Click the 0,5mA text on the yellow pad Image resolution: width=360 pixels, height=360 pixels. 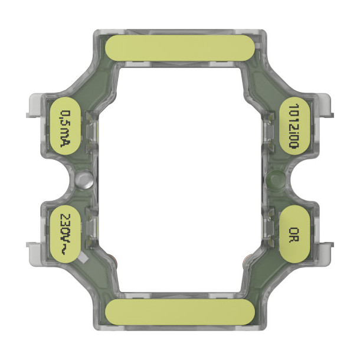(65, 129)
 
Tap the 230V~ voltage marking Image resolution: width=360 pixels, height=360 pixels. (66, 234)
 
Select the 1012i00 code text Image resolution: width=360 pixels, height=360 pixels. (294, 126)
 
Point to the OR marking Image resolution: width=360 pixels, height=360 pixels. (294, 235)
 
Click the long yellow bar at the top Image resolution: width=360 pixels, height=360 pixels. (180, 48)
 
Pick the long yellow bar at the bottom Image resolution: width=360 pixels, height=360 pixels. (180, 312)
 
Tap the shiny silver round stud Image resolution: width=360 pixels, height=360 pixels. (84, 180)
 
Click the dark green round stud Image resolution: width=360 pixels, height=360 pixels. (276, 179)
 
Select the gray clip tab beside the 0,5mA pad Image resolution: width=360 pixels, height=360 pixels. (34, 106)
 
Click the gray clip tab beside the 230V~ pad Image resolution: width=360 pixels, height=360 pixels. (34, 254)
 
